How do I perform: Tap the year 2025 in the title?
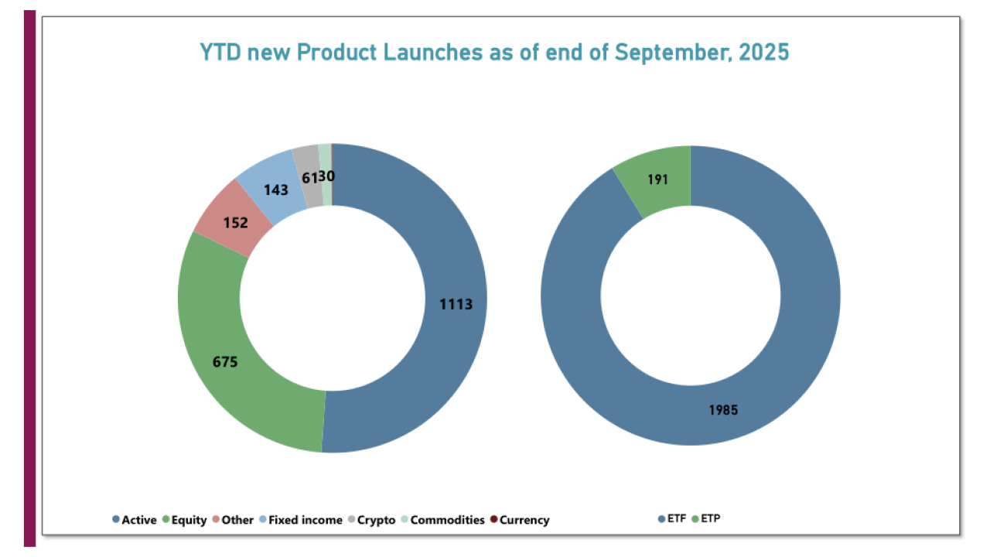click(763, 53)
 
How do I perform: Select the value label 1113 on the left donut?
click(456, 304)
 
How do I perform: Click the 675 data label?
click(224, 361)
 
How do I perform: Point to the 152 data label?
click(235, 223)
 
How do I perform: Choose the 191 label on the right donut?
click(657, 180)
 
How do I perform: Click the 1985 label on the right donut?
click(723, 410)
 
